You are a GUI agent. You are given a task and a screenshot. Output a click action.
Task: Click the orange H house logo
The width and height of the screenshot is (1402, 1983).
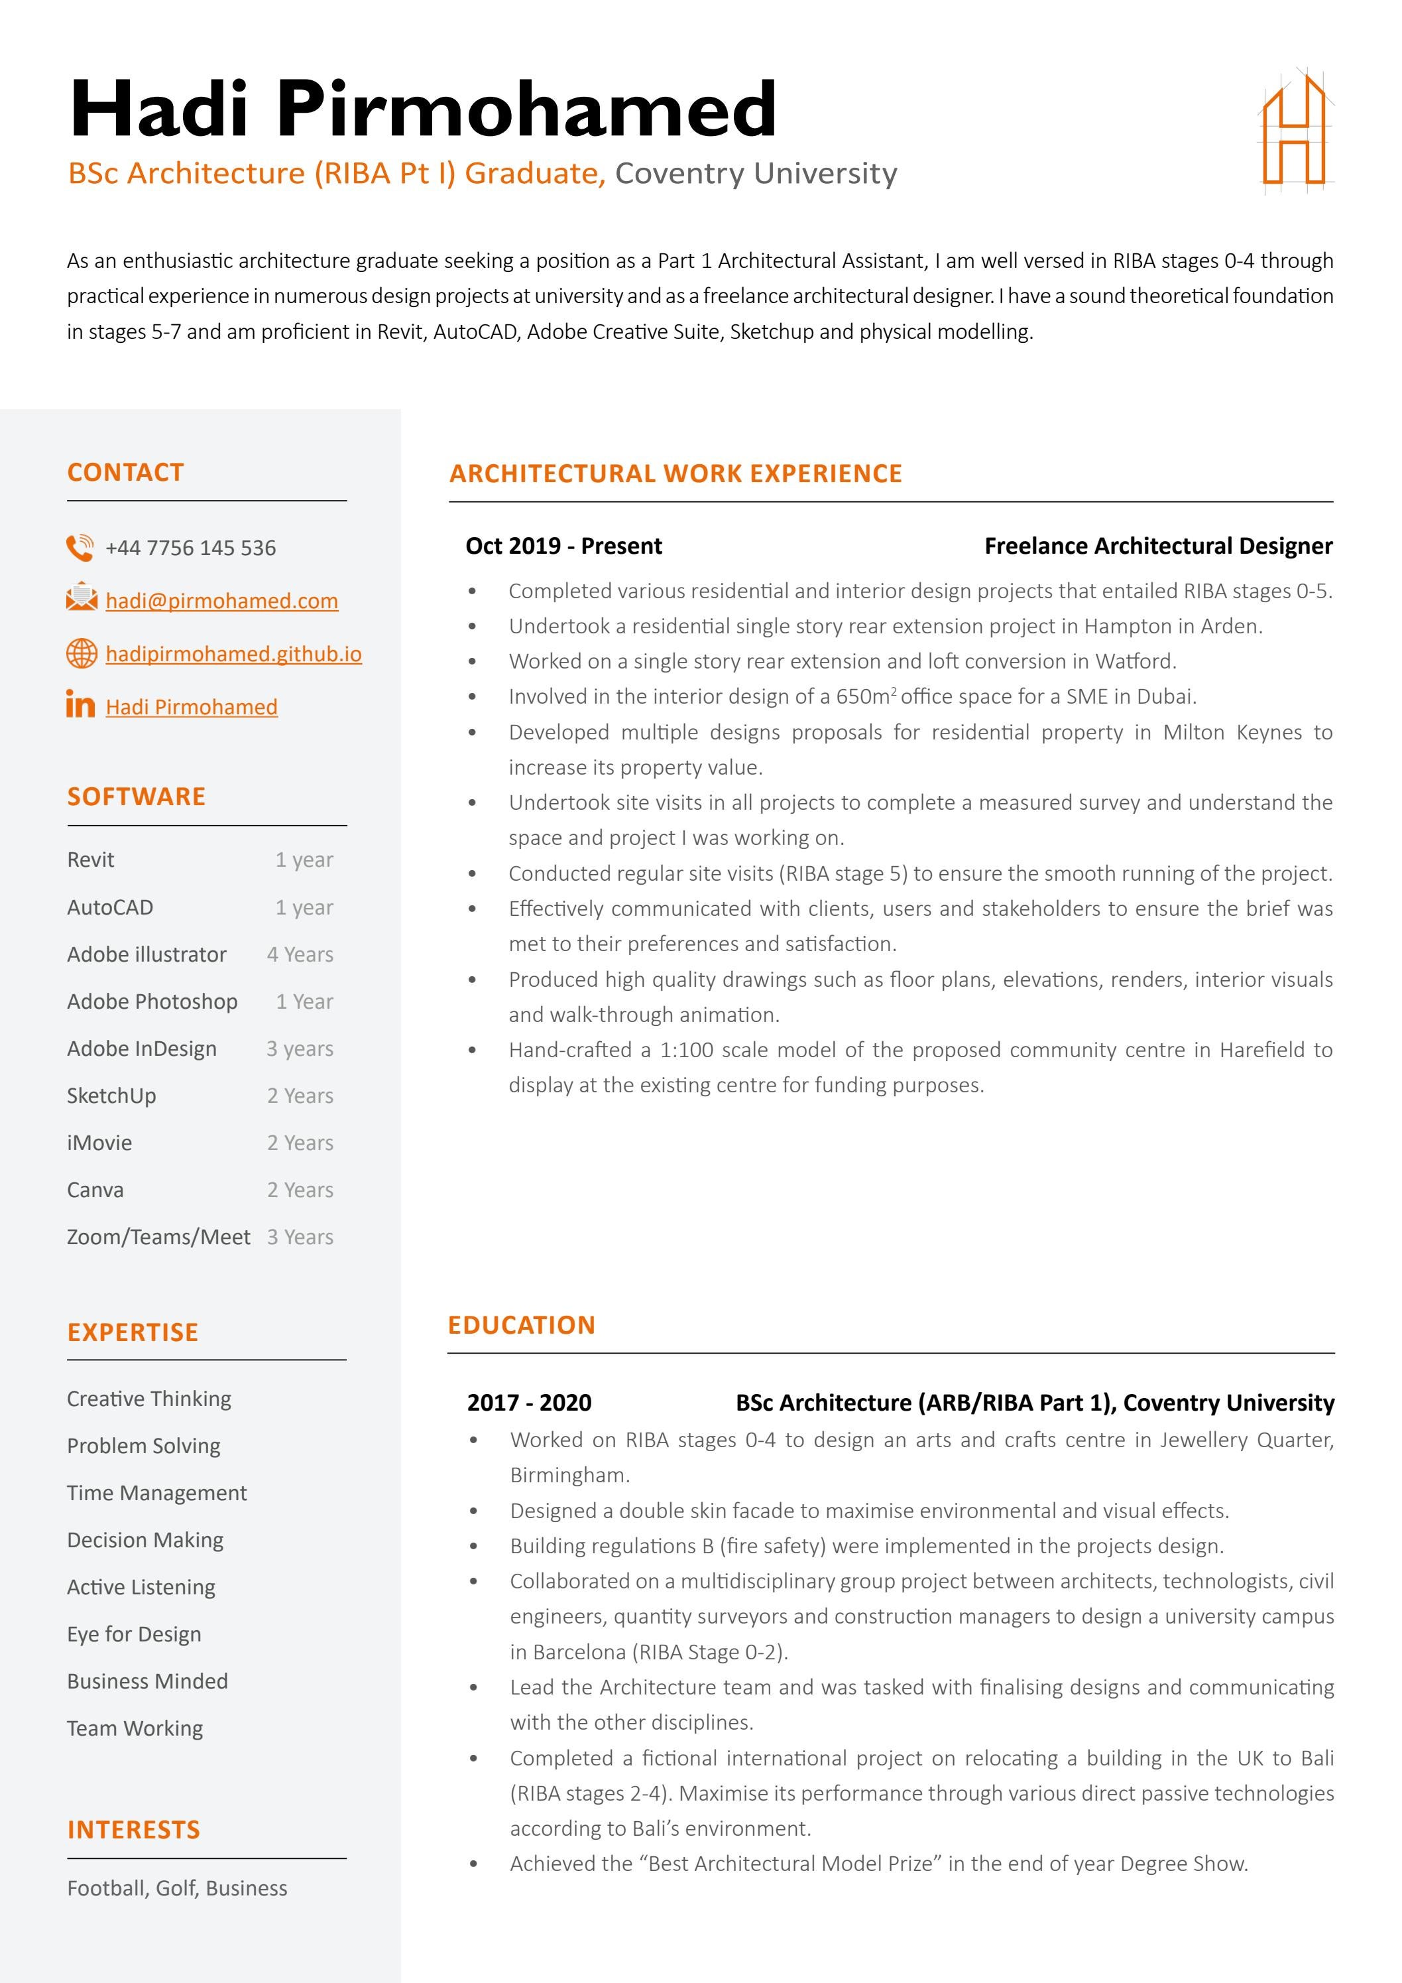point(1295,131)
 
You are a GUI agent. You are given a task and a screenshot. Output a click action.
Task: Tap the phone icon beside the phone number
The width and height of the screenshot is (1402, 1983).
point(80,548)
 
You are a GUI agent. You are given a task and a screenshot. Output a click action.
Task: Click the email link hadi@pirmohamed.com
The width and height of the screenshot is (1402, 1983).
point(222,601)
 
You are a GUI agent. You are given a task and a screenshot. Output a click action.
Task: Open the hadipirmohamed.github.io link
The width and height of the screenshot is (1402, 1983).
point(233,654)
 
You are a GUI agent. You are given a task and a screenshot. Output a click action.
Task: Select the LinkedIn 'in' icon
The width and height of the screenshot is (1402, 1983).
point(80,705)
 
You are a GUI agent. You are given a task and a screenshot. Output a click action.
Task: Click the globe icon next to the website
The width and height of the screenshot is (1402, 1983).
point(82,654)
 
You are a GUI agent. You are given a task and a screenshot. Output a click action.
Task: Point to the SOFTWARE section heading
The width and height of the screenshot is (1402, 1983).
point(137,797)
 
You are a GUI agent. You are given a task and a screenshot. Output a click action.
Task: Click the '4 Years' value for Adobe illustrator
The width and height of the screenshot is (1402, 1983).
point(300,954)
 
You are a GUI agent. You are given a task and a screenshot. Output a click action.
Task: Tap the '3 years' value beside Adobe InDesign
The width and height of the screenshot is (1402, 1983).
point(300,1049)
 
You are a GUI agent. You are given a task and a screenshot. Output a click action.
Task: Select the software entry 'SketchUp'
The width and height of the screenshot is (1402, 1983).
point(111,1096)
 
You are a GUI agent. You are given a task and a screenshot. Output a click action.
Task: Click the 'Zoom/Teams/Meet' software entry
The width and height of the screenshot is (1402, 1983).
point(159,1237)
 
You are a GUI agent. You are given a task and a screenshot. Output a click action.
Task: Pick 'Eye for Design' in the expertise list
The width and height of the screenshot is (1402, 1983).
point(134,1634)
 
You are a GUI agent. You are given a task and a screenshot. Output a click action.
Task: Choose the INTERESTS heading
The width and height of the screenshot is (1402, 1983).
point(134,1829)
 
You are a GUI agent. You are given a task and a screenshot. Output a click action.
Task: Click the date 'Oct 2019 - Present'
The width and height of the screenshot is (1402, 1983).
point(563,546)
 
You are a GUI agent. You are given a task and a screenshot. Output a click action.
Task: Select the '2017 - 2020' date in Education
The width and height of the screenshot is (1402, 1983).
point(529,1403)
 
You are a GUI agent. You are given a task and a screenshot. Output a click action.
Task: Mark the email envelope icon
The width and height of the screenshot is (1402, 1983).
point(82,598)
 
